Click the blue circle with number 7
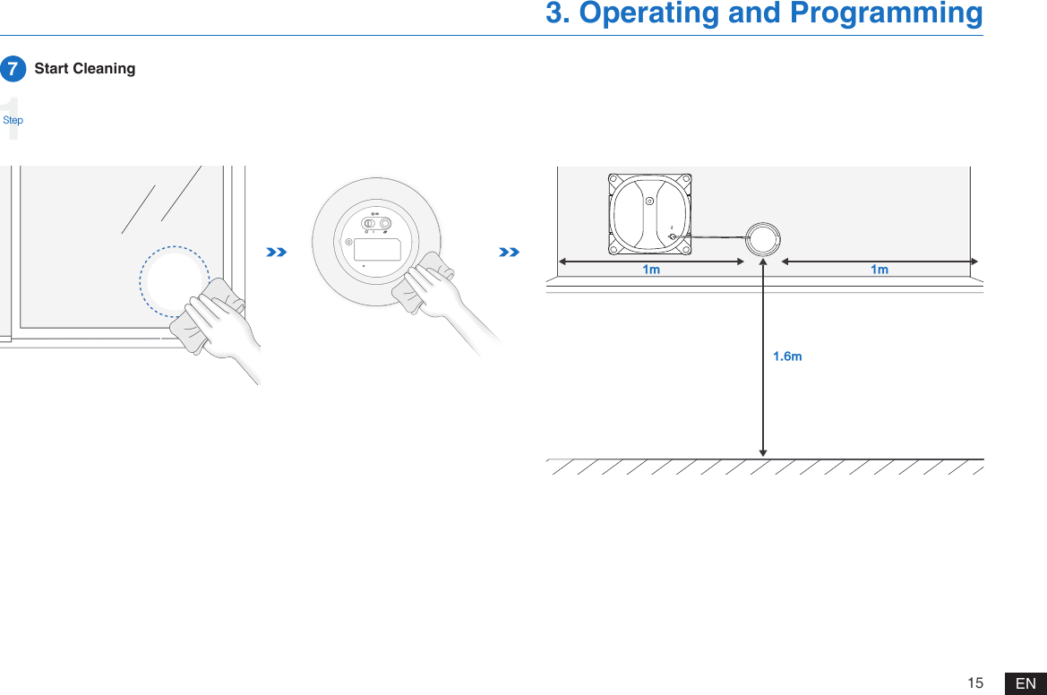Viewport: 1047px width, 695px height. coord(13,69)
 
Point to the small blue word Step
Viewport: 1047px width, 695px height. coord(13,120)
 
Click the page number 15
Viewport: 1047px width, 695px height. coord(975,683)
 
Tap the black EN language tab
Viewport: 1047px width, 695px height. coord(1026,684)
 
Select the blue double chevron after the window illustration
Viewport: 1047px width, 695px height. coord(277,253)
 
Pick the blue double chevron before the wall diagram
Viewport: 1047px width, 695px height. coord(509,253)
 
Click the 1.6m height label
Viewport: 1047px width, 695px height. coord(787,356)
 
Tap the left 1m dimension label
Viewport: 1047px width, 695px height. coord(651,270)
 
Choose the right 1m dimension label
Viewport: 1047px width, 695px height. coord(880,270)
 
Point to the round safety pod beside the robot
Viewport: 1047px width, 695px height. coord(763,239)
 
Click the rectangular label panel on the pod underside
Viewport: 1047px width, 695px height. coord(377,249)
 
